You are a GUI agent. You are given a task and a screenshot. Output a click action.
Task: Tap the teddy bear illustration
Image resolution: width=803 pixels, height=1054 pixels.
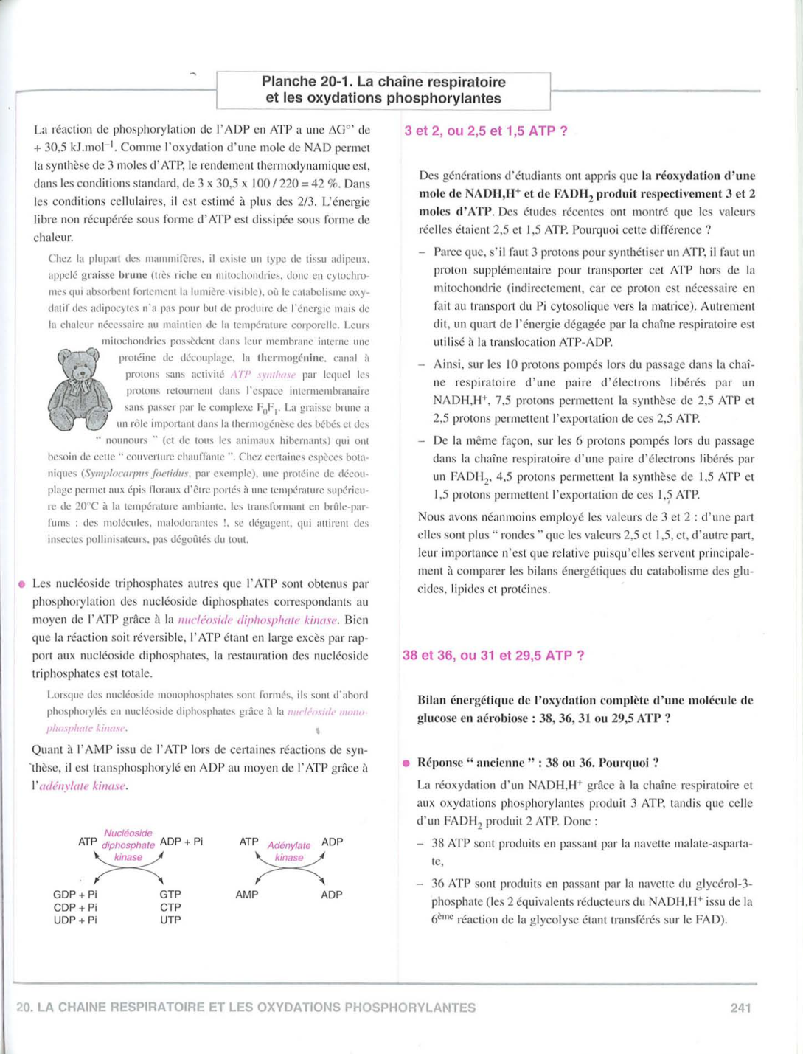tap(80, 389)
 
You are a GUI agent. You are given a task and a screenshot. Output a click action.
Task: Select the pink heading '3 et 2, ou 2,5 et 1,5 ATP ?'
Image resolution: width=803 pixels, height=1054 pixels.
tap(486, 131)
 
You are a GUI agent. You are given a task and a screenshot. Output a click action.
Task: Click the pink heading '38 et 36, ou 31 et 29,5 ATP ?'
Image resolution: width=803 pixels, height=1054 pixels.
tap(493, 656)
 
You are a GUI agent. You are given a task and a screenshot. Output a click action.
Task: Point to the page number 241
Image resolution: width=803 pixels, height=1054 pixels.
tap(740, 1008)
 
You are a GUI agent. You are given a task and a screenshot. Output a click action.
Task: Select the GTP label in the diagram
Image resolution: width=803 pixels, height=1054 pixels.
tap(170, 895)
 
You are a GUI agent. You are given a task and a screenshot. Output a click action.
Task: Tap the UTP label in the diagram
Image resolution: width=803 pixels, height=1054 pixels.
tap(170, 920)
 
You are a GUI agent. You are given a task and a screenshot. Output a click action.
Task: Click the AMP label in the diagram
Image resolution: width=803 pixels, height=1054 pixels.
tap(247, 895)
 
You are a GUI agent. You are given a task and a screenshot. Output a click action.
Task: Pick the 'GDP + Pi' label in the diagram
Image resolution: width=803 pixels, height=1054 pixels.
tap(75, 895)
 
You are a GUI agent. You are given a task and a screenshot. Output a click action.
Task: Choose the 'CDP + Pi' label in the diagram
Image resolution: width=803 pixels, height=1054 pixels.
tap(75, 907)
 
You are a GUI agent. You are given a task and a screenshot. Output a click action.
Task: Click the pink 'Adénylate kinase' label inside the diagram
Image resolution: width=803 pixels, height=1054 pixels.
tap(289, 851)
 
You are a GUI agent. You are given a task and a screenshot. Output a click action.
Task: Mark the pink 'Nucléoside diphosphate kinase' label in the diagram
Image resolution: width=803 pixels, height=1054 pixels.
tap(128, 845)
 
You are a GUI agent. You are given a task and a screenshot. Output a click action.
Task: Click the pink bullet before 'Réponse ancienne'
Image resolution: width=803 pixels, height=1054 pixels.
tap(406, 763)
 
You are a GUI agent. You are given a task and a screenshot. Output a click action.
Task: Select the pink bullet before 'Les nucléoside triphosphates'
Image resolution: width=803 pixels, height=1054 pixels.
tap(22, 584)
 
